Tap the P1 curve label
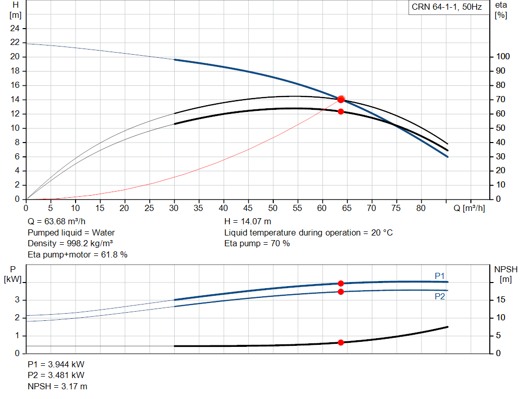440,276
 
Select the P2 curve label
440,297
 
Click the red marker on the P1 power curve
341,284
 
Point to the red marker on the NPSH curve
341,343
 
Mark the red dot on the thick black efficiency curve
341,112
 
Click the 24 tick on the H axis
15,29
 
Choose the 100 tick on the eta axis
503,56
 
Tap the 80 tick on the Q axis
421,208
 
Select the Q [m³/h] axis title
469,208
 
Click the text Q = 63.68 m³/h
57,222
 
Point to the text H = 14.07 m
248,222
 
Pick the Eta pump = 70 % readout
257,244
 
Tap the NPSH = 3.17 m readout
57,386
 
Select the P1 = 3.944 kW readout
56,364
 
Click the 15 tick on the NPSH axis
501,299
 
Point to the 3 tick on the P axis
17,300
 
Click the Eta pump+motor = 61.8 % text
78,255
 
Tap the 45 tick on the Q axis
248,208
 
